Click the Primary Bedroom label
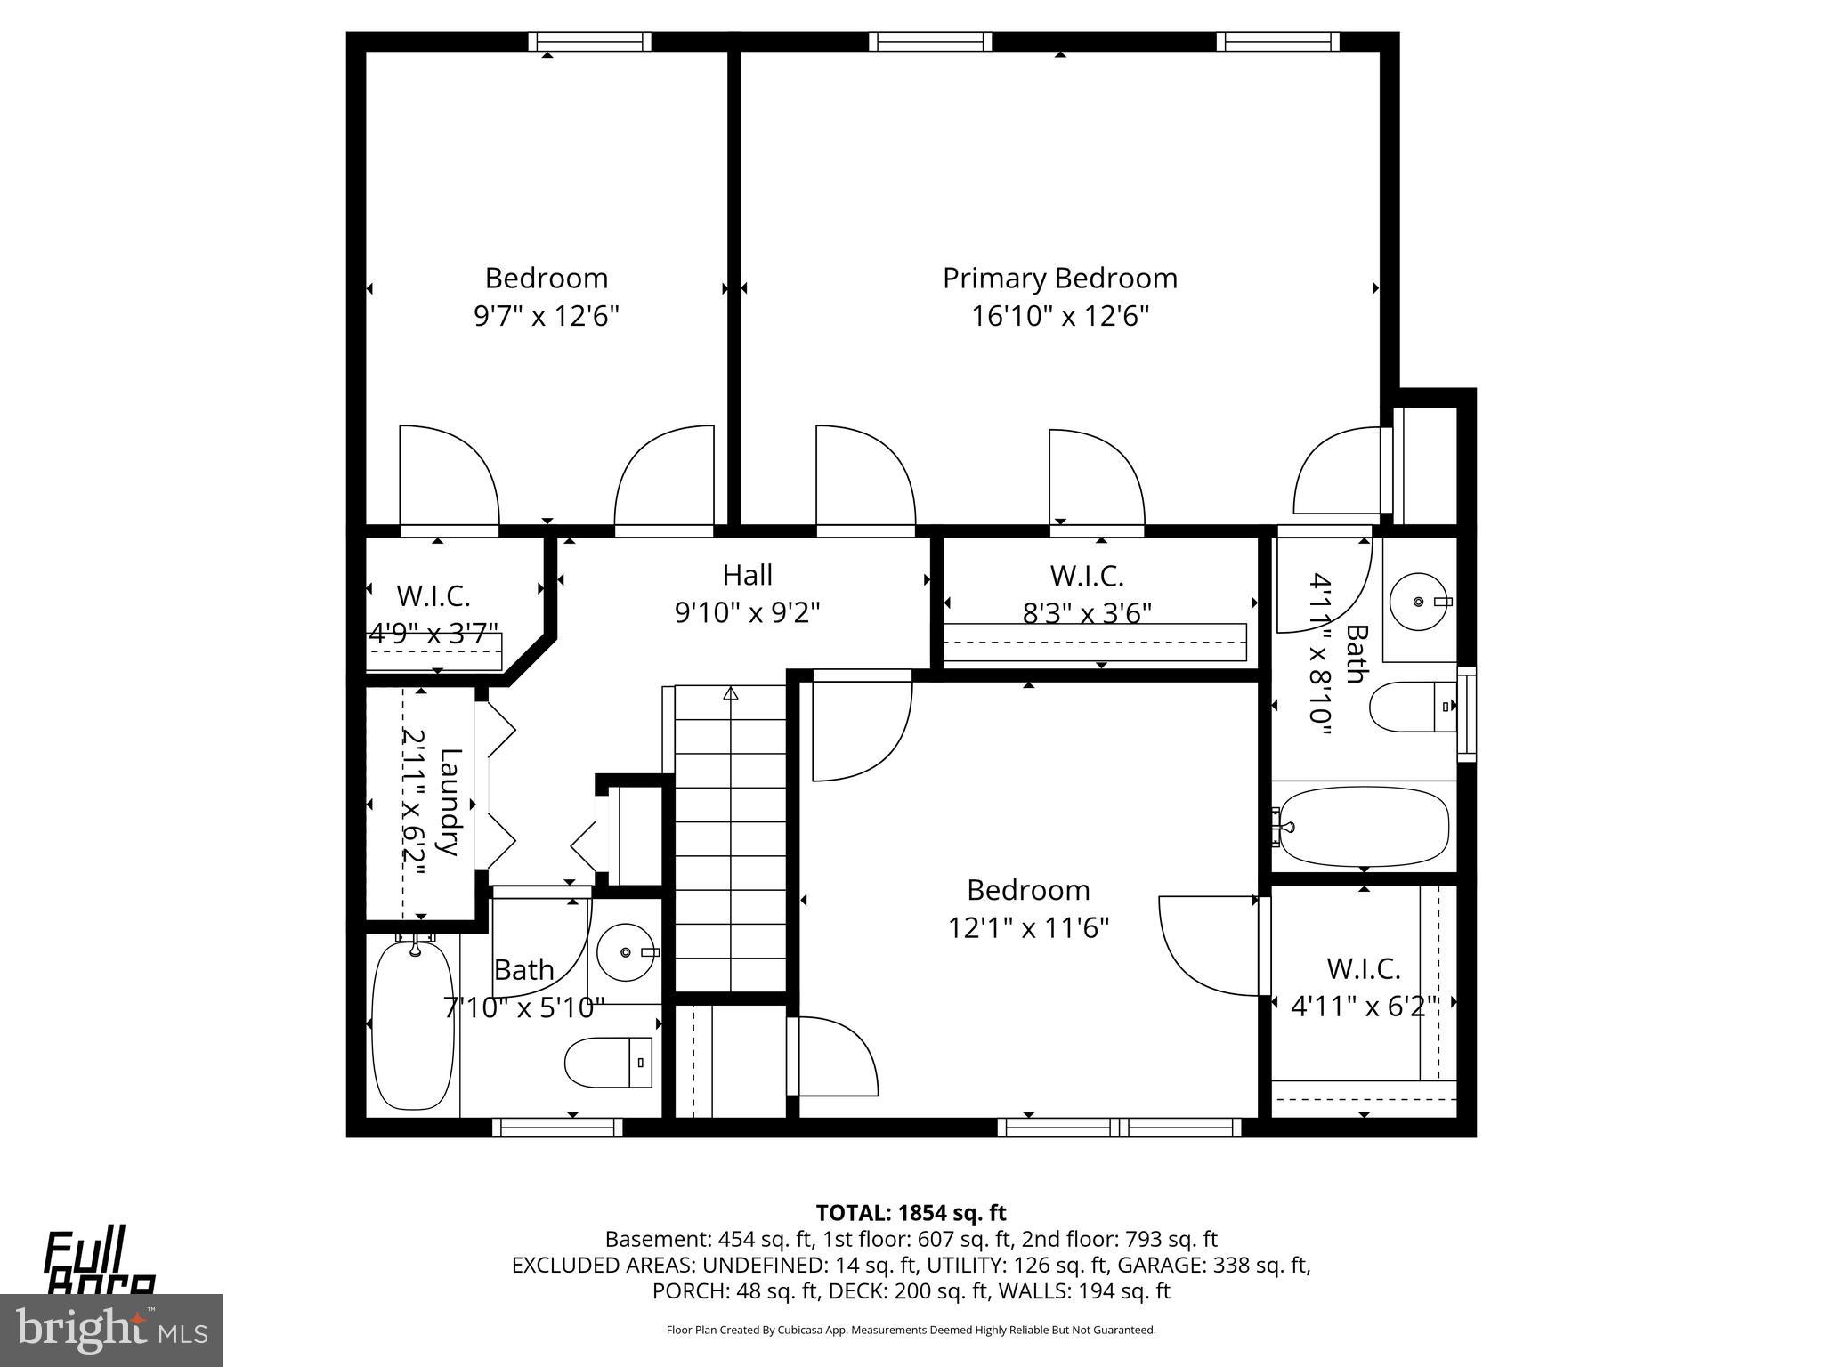(1059, 279)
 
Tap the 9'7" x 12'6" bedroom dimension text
(546, 316)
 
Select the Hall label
(747, 575)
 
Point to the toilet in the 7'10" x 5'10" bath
(609, 1062)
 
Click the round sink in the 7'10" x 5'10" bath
(626, 952)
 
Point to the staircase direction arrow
(732, 693)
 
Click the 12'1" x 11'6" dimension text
(1028, 928)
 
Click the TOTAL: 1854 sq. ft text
(911, 1213)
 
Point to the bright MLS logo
(111, 1331)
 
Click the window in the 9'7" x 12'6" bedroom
(589, 41)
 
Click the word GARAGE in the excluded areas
(1155, 1265)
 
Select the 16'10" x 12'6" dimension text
(1059, 316)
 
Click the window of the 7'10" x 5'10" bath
(557, 1128)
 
